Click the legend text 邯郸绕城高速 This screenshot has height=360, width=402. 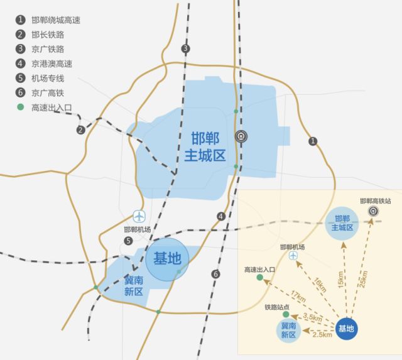(56, 20)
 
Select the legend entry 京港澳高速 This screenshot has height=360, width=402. (52, 63)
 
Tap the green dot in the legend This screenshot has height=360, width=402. (21, 107)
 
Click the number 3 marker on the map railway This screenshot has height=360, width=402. (185, 49)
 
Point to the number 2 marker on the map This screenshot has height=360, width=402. (80, 130)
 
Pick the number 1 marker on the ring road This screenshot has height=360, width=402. (313, 141)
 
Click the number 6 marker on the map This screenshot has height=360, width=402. (216, 274)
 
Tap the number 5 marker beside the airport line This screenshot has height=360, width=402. (128, 241)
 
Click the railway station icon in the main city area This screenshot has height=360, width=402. (241, 136)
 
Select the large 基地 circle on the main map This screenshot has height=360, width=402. (167, 258)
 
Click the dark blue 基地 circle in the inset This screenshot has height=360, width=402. (347, 328)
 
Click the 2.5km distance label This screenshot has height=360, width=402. (322, 334)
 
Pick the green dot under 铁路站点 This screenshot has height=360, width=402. (286, 314)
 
